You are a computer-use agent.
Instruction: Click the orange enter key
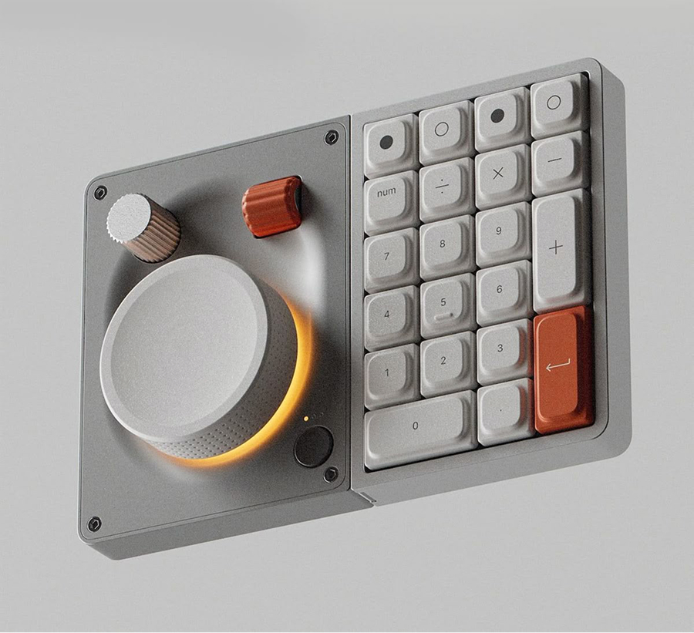click(x=563, y=369)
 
